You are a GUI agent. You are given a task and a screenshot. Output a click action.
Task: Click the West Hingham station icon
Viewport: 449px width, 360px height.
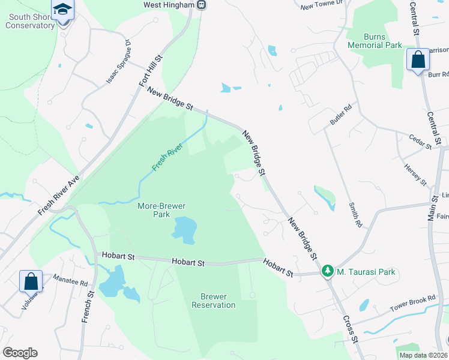(202, 5)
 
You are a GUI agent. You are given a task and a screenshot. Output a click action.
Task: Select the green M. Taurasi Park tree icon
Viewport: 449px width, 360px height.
(327, 272)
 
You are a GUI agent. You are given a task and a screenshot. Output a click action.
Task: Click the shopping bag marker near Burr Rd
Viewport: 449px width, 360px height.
(417, 61)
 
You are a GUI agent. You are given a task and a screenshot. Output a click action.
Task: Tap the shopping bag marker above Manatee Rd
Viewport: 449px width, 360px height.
(31, 281)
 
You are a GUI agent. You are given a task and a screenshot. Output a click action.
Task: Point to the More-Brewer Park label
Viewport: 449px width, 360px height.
(161, 210)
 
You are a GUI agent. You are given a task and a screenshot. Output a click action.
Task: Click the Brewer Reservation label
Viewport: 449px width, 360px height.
(214, 301)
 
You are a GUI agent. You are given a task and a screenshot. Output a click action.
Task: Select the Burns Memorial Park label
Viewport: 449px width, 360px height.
(375, 41)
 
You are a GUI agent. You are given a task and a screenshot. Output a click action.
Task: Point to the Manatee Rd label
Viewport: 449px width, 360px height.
(70, 280)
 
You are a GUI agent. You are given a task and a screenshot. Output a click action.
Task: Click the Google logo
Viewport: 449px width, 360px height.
(20, 353)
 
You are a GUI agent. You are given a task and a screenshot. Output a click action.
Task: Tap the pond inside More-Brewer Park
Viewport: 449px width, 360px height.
(185, 230)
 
